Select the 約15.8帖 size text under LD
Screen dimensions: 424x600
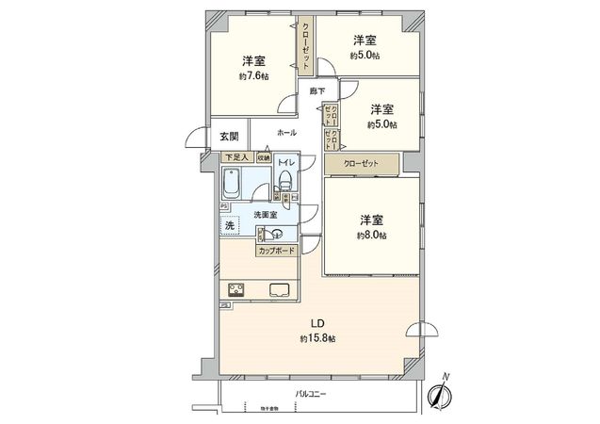[x=317, y=338]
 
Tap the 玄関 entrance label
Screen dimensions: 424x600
[x=229, y=137]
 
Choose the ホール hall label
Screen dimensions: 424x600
[x=287, y=133]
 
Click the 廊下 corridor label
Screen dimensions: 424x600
[x=317, y=91]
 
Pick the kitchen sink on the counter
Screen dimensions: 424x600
[x=280, y=290]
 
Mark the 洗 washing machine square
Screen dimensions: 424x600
[x=229, y=226]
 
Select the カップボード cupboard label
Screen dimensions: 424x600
[x=275, y=252]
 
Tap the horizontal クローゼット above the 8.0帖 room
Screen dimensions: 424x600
[x=363, y=164]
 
